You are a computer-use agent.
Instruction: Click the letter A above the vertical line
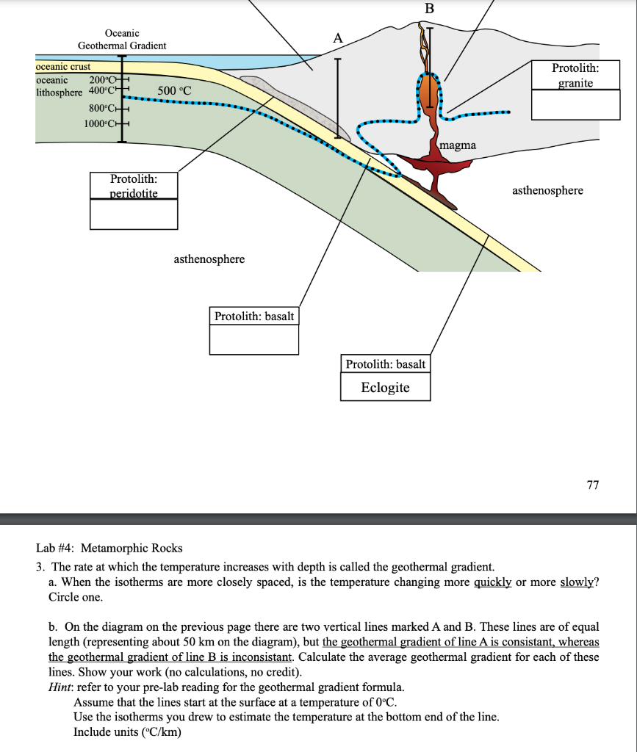[x=337, y=37]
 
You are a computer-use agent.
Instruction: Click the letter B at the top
[x=430, y=9]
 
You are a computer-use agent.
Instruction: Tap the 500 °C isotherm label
[x=174, y=91]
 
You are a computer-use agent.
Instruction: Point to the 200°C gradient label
[x=101, y=80]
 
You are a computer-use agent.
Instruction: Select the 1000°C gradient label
[x=99, y=122]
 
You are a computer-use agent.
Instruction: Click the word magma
[x=458, y=145]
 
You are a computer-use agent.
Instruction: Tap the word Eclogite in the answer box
[x=385, y=387]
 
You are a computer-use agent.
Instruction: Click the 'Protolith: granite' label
[x=575, y=75]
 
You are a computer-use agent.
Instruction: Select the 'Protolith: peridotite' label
[x=133, y=185]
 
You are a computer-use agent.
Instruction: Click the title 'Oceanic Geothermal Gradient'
[x=122, y=39]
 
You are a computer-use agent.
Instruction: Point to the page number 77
[x=593, y=485]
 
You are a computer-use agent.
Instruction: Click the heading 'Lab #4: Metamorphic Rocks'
[x=109, y=548]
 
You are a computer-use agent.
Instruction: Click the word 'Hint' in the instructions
[x=58, y=687]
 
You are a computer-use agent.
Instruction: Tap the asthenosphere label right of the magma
[x=547, y=191]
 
